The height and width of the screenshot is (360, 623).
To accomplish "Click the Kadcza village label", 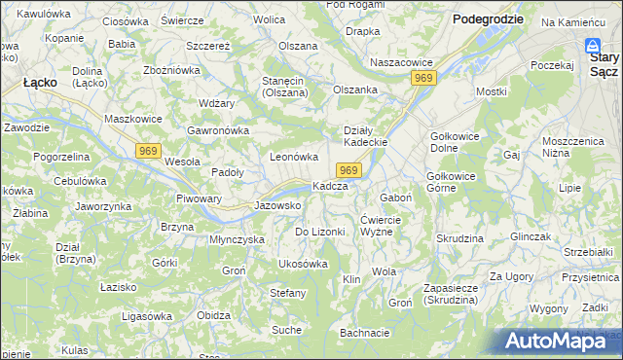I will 329,186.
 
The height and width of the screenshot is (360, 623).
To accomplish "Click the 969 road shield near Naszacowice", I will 421,78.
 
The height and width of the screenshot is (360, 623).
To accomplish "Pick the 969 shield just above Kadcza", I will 351,170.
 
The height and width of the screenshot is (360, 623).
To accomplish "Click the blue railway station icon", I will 593,46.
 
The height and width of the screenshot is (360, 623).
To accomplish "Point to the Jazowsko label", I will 276,205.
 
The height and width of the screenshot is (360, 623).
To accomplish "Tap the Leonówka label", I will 294,157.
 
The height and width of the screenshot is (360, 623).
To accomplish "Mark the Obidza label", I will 213,315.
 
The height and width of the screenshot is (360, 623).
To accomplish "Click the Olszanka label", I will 354,90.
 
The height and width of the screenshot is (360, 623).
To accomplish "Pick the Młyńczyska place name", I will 238,238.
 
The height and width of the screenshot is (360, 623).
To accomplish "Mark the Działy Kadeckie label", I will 366,135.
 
